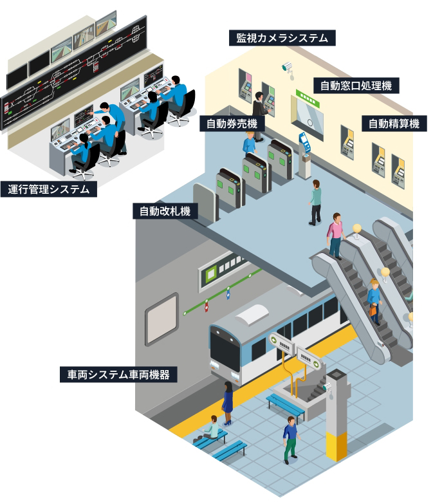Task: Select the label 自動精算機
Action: click(x=393, y=124)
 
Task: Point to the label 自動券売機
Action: click(x=231, y=124)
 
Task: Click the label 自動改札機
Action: click(x=165, y=210)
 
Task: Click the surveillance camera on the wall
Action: click(x=287, y=66)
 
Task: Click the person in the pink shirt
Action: click(x=335, y=235)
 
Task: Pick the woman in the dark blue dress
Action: click(x=227, y=402)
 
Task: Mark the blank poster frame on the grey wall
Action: click(x=161, y=319)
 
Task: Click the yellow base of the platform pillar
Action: click(x=336, y=447)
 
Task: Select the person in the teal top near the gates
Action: click(x=315, y=201)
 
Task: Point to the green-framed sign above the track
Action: click(x=222, y=268)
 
